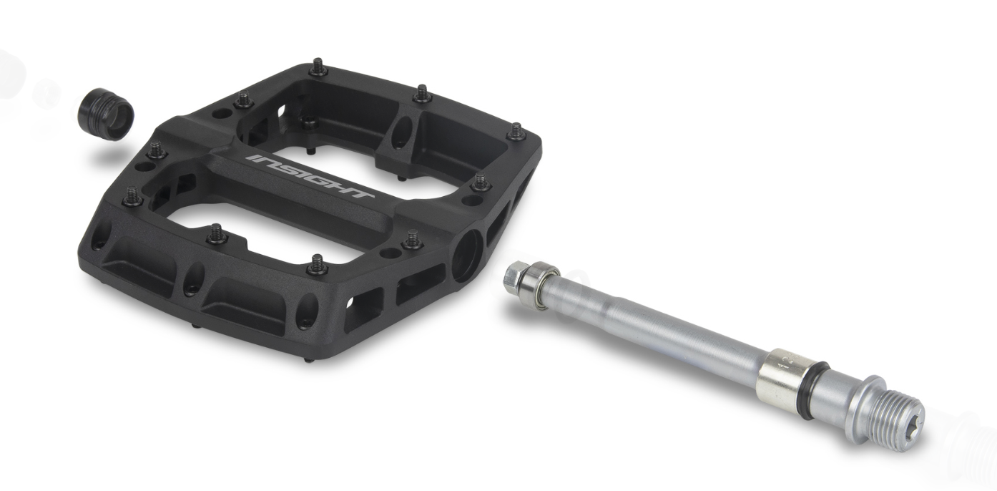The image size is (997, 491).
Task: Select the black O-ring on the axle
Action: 812,391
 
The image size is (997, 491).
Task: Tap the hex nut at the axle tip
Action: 515,276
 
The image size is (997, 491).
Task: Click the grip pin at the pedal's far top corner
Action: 318,68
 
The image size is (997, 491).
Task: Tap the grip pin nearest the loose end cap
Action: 156,150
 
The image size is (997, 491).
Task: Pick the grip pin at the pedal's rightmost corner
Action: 516,132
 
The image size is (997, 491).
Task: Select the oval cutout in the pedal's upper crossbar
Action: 403,132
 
